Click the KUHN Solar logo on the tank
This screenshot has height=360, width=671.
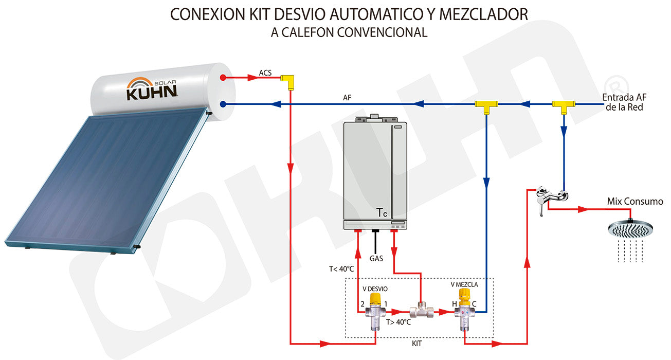pos(152,88)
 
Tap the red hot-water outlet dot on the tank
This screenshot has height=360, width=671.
pos(223,78)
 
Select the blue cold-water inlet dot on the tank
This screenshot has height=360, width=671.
pos(223,104)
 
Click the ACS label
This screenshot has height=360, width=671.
pos(265,73)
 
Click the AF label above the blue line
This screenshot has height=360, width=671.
pos(347,97)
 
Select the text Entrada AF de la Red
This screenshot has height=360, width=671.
pos(623,102)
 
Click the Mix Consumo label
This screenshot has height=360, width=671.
pos(635,202)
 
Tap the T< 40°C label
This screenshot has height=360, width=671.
pos(341,268)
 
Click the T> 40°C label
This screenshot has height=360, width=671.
pos(398,322)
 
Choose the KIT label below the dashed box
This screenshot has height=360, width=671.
pos(417,343)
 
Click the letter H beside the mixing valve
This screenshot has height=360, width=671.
pos(454,304)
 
